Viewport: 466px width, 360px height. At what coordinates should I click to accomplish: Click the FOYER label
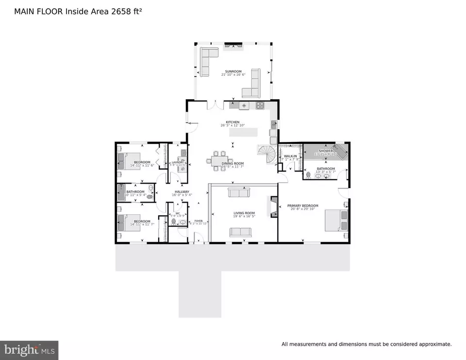point(198,221)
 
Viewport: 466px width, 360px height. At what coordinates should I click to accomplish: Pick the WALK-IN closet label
point(290,156)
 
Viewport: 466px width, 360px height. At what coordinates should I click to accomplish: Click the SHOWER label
point(326,151)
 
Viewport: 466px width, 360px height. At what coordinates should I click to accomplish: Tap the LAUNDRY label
point(177,162)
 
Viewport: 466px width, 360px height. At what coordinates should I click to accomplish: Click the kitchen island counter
point(240,132)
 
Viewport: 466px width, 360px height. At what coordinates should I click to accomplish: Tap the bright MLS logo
point(30,350)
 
